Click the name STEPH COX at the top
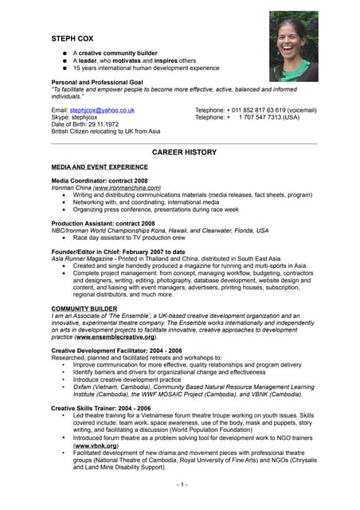74,37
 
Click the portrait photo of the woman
293,46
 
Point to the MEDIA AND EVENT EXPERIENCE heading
99,167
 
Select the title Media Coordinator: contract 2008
99,181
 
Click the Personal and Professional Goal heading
102,82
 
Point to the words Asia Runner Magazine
83,259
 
